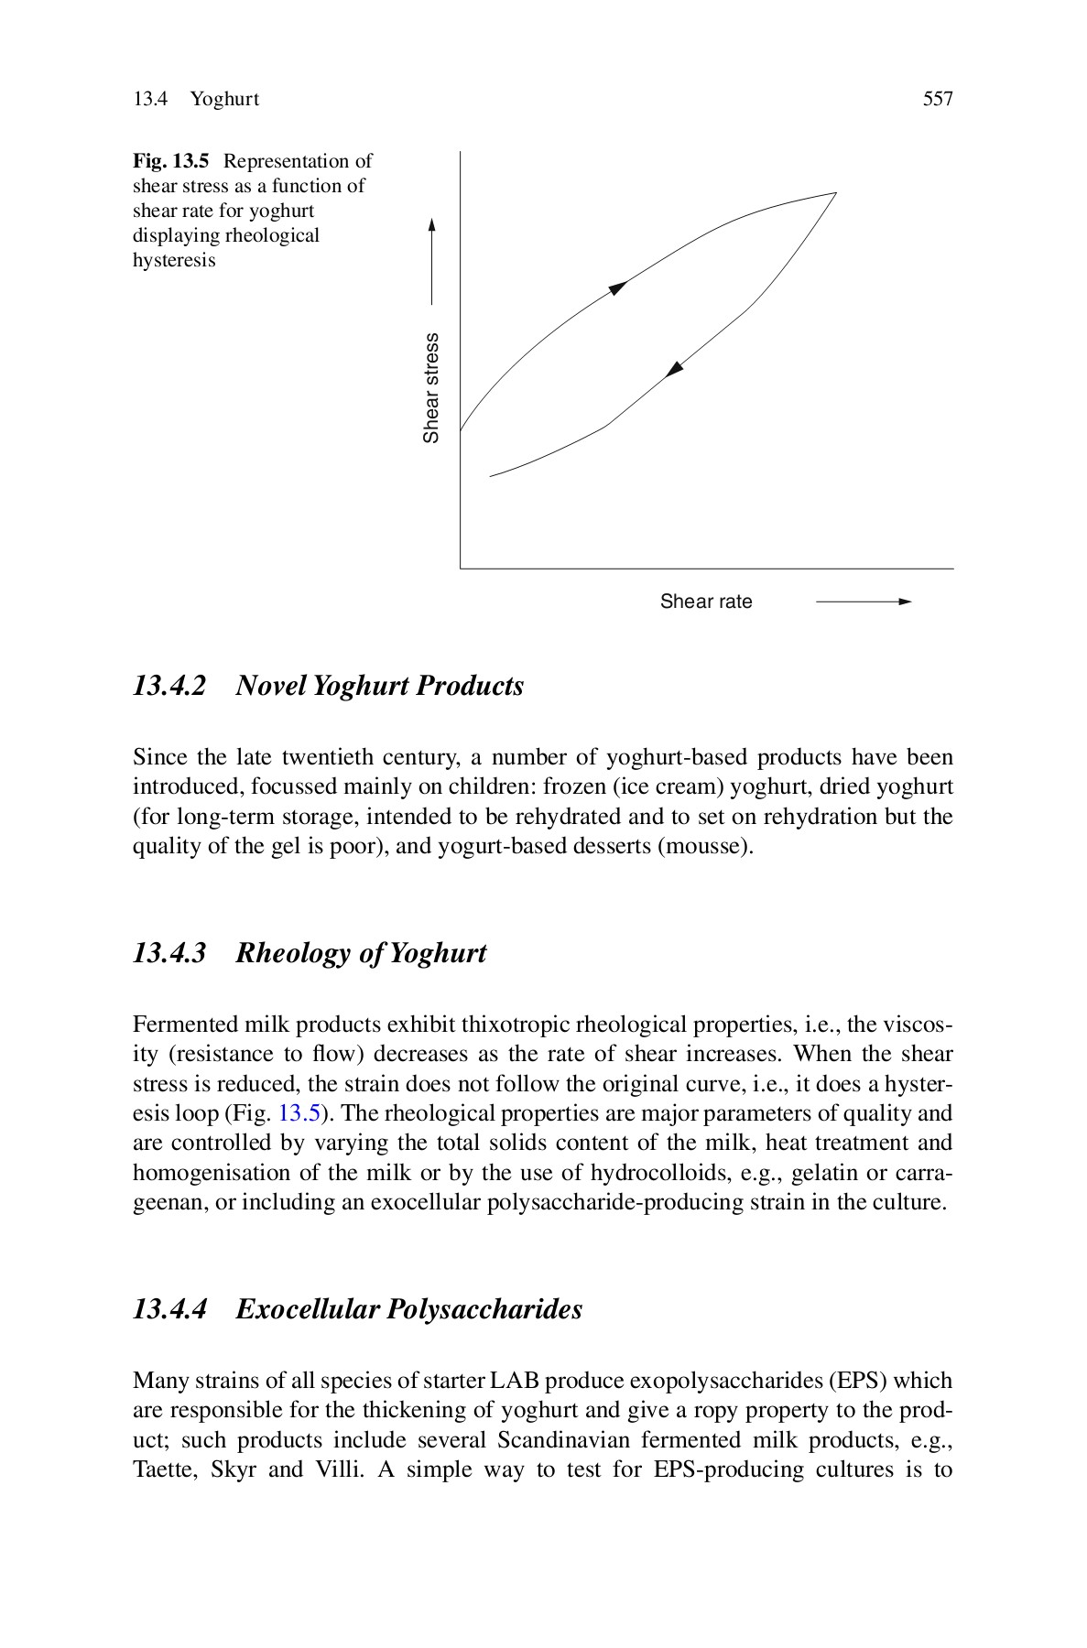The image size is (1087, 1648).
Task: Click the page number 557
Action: click(x=938, y=99)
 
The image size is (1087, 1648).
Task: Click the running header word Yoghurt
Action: click(x=224, y=99)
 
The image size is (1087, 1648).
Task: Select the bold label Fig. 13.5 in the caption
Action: click(x=171, y=161)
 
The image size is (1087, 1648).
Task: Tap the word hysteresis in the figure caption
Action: click(x=174, y=260)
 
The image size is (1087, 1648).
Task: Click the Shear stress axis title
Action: click(x=431, y=387)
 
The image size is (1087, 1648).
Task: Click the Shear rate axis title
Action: click(x=705, y=602)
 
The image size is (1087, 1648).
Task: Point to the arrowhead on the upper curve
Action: click(x=618, y=287)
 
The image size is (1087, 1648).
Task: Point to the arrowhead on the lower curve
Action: click(x=675, y=369)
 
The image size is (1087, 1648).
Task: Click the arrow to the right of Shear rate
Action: click(x=863, y=602)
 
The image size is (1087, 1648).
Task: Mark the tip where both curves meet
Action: click(x=834, y=194)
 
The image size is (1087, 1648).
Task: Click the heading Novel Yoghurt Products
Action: click(x=379, y=686)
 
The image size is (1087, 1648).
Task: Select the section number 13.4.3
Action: click(x=168, y=953)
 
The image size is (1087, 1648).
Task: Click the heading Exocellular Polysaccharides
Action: click(x=408, y=1309)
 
